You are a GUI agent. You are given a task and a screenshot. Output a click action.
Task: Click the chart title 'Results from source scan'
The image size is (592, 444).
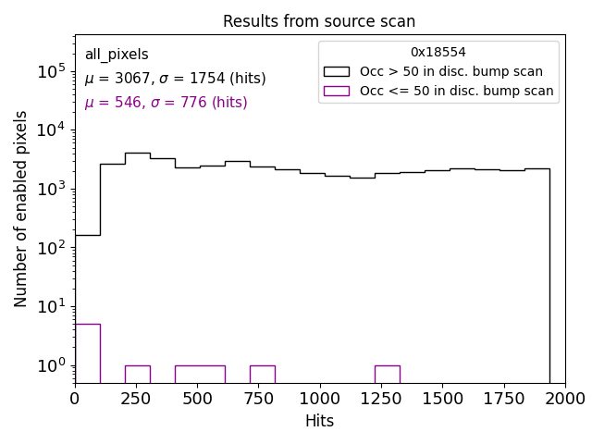click(319, 21)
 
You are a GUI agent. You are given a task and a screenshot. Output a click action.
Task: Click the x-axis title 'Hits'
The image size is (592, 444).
click(319, 421)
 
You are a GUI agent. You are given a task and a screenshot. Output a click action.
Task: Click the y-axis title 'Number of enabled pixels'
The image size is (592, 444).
click(21, 208)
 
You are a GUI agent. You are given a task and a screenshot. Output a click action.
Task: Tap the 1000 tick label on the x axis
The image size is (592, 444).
click(319, 398)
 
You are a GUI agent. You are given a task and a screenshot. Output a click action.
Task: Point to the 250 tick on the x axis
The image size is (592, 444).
click(136, 398)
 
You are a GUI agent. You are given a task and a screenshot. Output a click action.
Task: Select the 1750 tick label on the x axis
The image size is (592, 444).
click(503, 398)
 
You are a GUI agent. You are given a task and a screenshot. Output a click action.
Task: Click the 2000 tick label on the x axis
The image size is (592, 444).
click(564, 398)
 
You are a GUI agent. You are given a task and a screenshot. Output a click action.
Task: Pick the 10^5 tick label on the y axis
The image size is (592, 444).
click(50, 70)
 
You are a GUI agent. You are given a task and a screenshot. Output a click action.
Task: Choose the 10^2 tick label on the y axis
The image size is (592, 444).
click(50, 247)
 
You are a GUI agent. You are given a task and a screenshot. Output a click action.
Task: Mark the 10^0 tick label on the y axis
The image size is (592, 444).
click(50, 365)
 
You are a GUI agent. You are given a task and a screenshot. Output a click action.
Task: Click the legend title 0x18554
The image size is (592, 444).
click(438, 53)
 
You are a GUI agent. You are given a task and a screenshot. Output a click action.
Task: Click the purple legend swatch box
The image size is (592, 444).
click(337, 91)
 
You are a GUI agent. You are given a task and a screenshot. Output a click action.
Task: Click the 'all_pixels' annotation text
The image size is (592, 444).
click(117, 55)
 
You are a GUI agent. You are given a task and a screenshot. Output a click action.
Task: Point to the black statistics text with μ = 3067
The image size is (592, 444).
click(175, 79)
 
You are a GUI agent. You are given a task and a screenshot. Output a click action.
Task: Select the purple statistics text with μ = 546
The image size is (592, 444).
click(166, 103)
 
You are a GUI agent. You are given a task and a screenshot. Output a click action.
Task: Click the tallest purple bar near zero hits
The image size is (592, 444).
click(87, 351)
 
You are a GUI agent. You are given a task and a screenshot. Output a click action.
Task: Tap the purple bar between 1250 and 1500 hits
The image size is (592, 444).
click(387, 373)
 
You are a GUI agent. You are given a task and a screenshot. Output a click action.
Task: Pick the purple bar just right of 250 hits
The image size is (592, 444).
click(137, 373)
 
